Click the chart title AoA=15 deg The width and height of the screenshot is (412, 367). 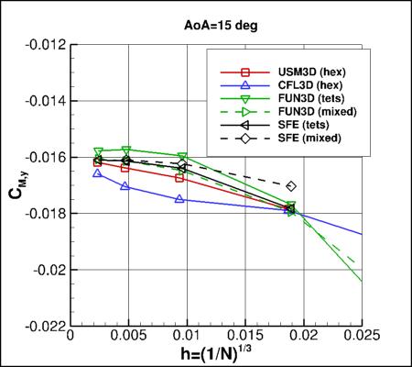(206, 25)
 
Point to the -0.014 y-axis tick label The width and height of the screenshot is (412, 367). (48, 101)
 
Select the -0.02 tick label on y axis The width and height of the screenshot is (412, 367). (51, 270)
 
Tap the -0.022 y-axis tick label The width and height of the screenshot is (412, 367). (48, 327)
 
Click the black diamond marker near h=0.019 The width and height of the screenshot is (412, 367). (291, 186)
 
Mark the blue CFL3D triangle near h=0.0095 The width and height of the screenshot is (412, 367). (180, 198)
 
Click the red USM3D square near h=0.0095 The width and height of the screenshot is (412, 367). (180, 177)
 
